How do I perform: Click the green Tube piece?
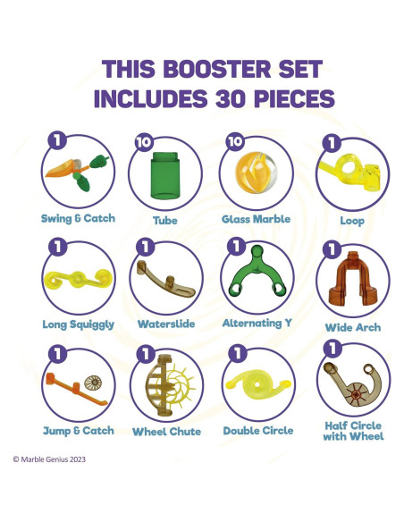point(165,175)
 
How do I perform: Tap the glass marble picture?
point(256,173)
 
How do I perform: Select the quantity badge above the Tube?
point(144,142)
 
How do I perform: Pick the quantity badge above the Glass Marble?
point(235,141)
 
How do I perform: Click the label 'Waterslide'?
point(166,324)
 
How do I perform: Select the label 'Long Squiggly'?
point(78,324)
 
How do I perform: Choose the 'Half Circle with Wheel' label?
point(353,431)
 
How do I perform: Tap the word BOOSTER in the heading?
point(217,69)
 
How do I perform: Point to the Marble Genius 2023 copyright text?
point(49,459)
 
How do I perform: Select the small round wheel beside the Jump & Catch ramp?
point(93,383)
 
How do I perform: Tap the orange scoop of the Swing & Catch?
point(62,169)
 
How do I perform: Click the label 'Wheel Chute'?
point(166,432)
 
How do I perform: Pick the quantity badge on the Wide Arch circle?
point(332,249)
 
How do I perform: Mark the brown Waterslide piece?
point(165,280)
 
